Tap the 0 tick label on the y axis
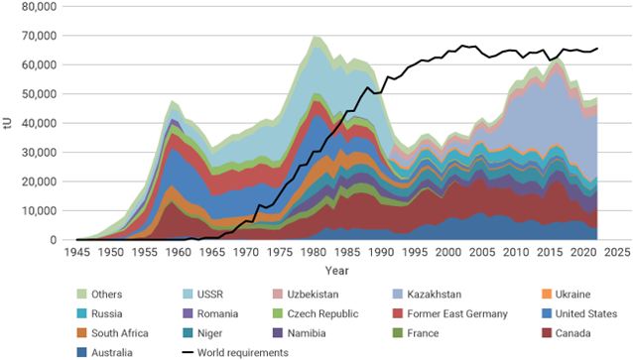59,240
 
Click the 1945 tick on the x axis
76,253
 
